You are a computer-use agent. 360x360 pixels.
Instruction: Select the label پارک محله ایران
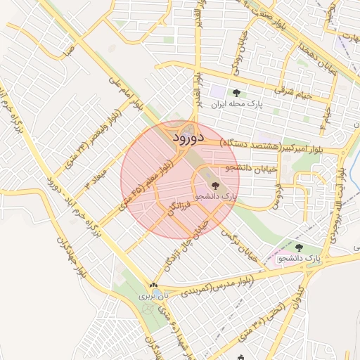coord(236,104)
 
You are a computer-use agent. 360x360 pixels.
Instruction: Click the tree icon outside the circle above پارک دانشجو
coord(300,247)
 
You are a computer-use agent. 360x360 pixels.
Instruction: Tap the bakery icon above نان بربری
coord(153,285)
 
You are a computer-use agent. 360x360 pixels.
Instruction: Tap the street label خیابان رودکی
coord(236,67)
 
